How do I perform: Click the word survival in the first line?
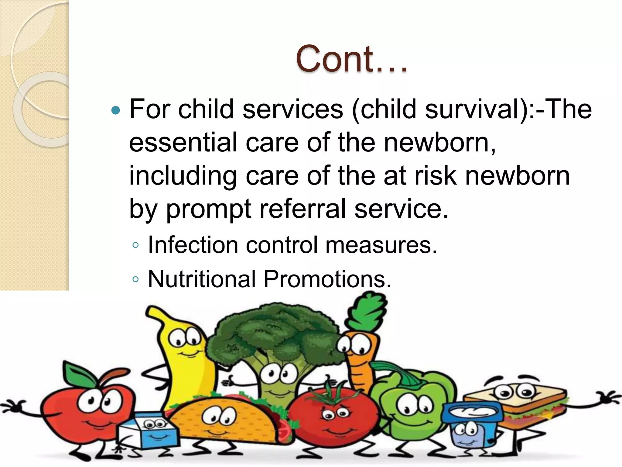[473, 109]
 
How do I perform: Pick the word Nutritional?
[202, 279]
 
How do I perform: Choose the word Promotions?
[327, 279]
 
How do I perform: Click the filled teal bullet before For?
[116, 110]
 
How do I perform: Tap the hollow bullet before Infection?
[135, 245]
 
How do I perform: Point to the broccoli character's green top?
[273, 331]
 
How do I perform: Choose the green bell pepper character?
[413, 407]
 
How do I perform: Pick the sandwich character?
[516, 401]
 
